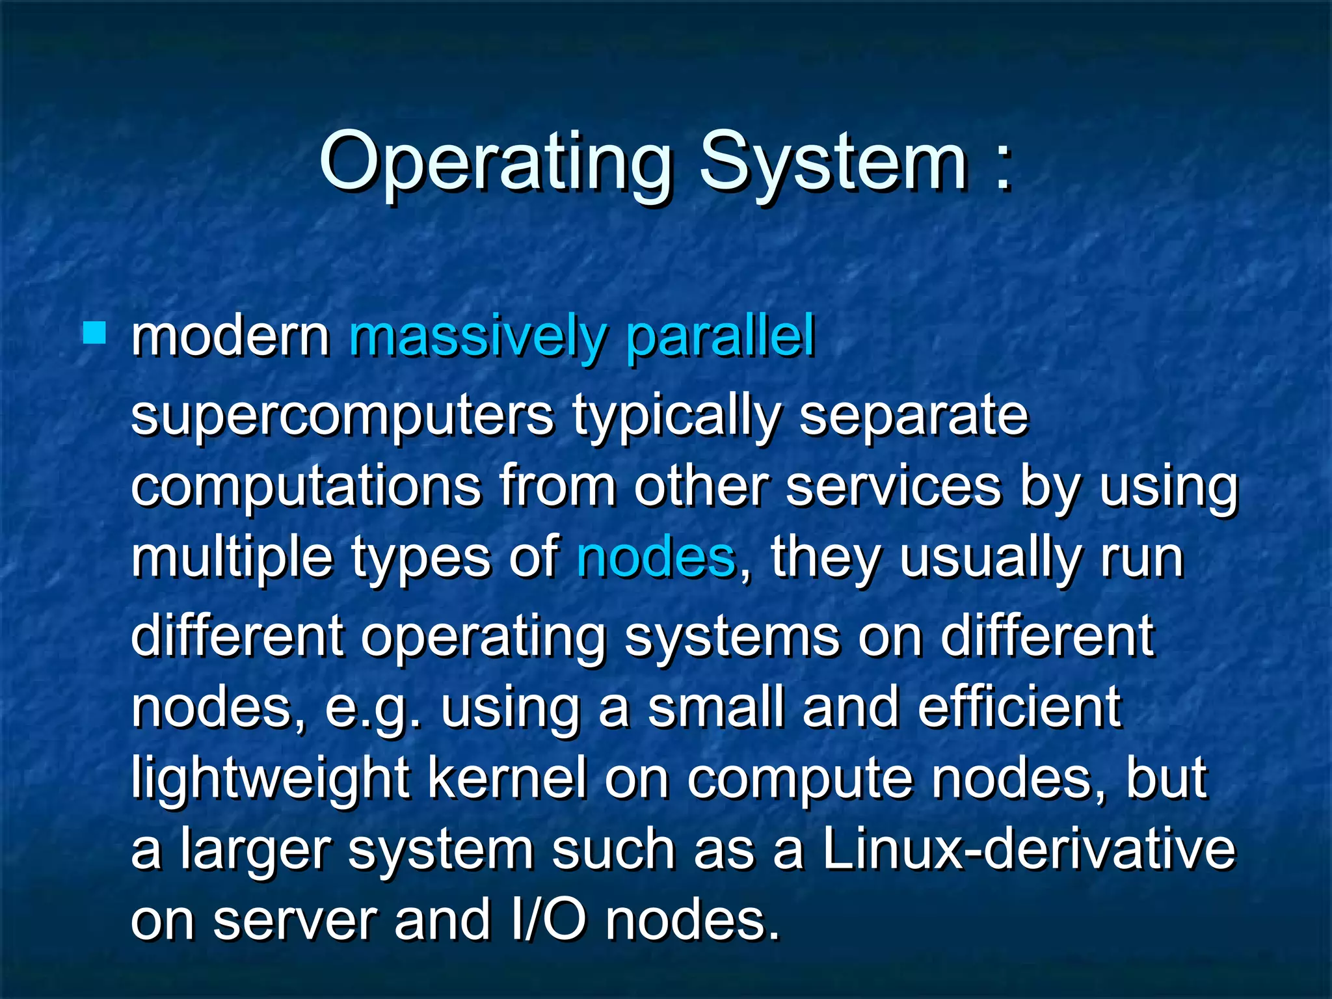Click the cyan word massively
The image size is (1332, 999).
(x=478, y=338)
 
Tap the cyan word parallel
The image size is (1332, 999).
(x=721, y=338)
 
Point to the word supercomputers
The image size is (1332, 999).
(x=342, y=416)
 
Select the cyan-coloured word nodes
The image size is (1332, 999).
(x=656, y=558)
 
